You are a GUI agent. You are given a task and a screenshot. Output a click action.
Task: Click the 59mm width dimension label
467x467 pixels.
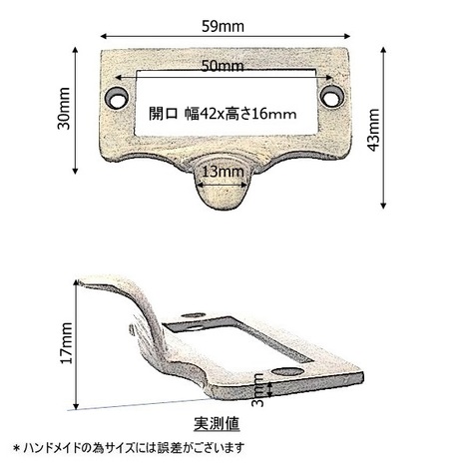coord(223,26)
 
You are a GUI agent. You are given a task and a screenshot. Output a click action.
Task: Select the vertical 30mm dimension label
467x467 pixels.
coord(64,109)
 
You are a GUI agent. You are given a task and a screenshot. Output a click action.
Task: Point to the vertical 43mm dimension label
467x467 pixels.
coord(373,130)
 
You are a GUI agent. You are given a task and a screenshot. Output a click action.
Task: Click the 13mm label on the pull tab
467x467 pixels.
coord(223,172)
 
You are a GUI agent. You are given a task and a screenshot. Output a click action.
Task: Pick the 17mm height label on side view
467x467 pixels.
coord(66,343)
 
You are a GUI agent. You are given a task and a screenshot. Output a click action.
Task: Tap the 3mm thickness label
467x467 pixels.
coord(257,390)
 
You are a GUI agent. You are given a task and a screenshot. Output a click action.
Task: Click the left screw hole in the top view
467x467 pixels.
coord(117,98)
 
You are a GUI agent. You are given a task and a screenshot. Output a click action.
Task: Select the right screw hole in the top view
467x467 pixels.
coord(331,96)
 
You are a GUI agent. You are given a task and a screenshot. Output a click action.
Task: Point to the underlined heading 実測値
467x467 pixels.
coord(217,423)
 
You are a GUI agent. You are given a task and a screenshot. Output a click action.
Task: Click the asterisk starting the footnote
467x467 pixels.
coord(16,448)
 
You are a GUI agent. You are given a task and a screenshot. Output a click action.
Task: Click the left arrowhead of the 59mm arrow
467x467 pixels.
coord(103,36)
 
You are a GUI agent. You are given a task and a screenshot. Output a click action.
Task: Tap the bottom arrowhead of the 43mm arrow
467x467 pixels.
coord(383,206)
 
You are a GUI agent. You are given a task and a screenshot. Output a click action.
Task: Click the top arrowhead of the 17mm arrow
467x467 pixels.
coord(76,283)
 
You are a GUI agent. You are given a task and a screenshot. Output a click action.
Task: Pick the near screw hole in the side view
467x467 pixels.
coord(286,371)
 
